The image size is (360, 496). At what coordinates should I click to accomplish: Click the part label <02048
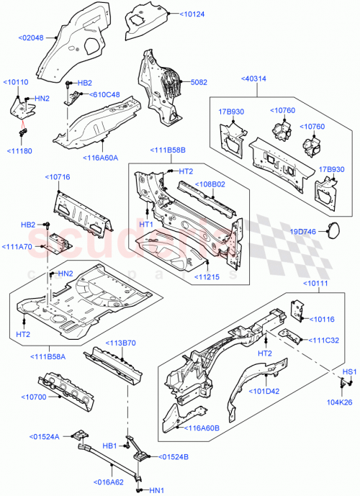(x=31, y=38)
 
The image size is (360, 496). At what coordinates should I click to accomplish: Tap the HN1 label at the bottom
(x=156, y=490)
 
